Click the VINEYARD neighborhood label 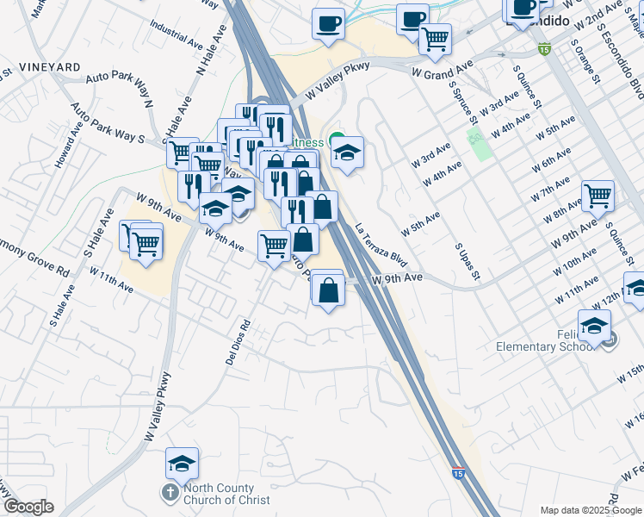click(x=49, y=66)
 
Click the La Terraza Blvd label click(x=380, y=245)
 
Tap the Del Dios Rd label click(x=238, y=342)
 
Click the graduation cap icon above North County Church click(x=182, y=464)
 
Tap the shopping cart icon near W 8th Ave click(x=598, y=195)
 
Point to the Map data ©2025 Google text click(x=591, y=509)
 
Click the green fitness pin click(x=336, y=141)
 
